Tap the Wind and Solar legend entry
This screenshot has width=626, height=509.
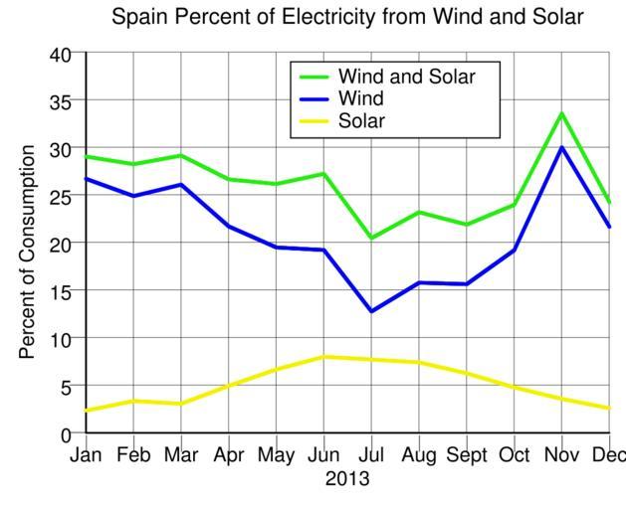406,77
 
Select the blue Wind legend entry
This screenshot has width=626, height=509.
360,99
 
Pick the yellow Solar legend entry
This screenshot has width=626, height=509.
361,122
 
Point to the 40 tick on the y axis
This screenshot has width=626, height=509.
61,55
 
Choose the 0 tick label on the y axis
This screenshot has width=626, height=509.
67,434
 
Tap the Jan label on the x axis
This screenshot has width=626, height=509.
86,456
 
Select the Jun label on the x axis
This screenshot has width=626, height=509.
323,456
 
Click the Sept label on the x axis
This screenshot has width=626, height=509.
467,456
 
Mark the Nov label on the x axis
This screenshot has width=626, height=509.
561,456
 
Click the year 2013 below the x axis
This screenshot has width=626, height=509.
346,479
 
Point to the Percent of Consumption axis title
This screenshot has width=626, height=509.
27,252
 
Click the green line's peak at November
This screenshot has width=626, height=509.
561,113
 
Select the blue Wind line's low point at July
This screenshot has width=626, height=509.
371,311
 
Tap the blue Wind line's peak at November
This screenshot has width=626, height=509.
561,147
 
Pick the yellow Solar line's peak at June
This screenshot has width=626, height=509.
323,356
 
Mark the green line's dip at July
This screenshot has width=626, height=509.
371,239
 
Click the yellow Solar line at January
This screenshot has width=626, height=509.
88,410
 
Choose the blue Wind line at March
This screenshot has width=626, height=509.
180,185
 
